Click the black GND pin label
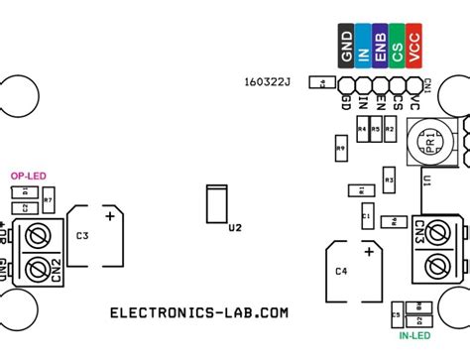346,48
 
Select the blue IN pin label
363,48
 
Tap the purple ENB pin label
380,48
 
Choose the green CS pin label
397,48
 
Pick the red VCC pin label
413,48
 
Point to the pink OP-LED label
29,176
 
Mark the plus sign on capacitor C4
368,254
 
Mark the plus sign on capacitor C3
110,214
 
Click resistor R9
341,149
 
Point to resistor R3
390,180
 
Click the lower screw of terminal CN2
39,268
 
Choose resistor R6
393,220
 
